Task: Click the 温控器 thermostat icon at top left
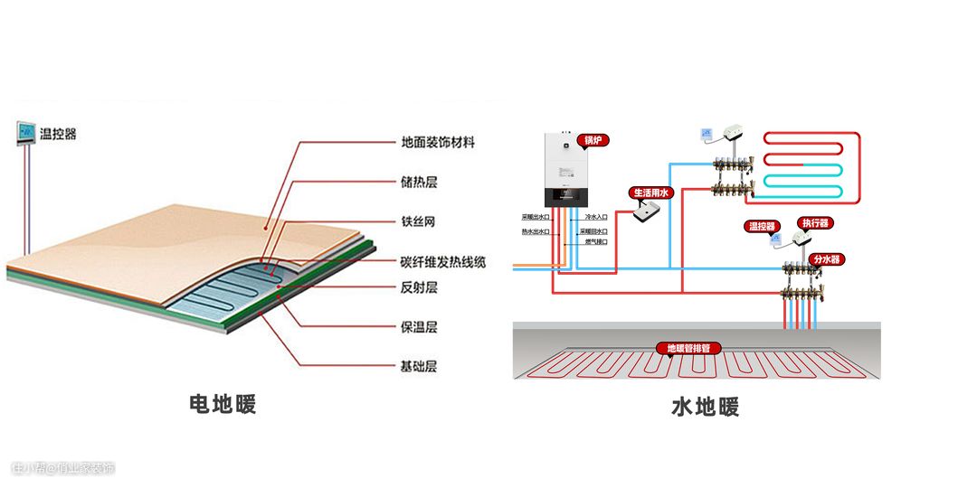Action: [x=24, y=134]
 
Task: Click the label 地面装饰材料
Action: [x=438, y=143]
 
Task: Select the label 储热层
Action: [x=419, y=183]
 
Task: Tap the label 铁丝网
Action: [x=419, y=222]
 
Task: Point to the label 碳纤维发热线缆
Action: [x=443, y=262]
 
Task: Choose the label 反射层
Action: [x=419, y=287]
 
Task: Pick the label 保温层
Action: [x=419, y=327]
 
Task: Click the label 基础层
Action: [x=419, y=367]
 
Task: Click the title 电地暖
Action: [x=223, y=404]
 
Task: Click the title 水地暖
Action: [x=706, y=408]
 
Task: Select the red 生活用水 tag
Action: [x=651, y=192]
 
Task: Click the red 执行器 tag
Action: [x=814, y=222]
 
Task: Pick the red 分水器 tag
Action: [x=827, y=259]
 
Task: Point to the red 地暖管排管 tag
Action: [x=694, y=348]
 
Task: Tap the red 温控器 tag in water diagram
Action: [x=762, y=226]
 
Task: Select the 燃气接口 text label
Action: [x=595, y=242]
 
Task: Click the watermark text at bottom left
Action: [x=63, y=469]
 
